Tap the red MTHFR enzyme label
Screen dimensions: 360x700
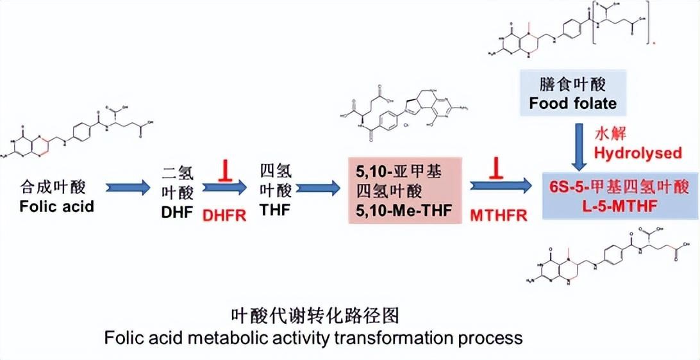(498, 215)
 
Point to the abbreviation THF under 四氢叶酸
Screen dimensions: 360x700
(276, 212)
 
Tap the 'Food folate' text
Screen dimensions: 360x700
(572, 103)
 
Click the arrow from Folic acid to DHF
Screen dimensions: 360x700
(127, 188)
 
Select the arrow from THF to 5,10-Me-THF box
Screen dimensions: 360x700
(318, 188)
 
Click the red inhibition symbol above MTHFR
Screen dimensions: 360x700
(497, 170)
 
